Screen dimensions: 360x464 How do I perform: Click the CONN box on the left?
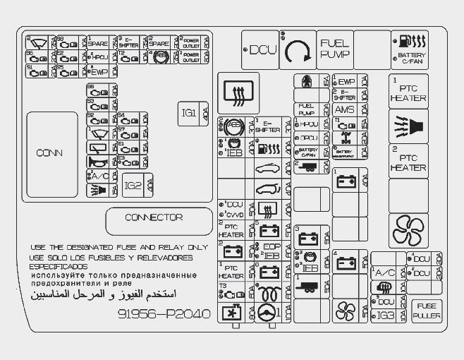[49, 152]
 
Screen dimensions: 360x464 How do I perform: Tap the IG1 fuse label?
[188, 113]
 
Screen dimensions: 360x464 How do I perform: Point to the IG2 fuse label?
[133, 186]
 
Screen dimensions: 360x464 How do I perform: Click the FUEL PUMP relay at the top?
[334, 49]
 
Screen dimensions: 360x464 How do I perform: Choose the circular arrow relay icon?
[298, 50]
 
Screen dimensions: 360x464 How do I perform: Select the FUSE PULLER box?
[427, 311]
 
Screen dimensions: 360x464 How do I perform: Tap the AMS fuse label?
[344, 109]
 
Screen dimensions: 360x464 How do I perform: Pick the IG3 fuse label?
[386, 315]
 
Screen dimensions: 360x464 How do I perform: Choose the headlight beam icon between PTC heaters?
[408, 126]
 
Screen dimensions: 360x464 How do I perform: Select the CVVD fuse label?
[235, 215]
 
